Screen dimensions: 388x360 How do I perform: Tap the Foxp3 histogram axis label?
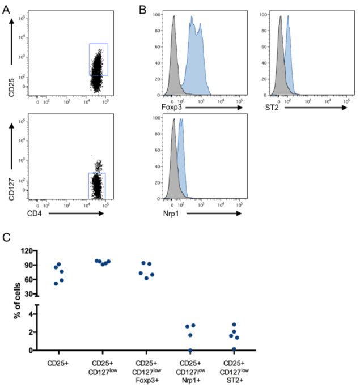click(163, 106)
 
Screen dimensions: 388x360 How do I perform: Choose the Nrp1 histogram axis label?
click(162, 214)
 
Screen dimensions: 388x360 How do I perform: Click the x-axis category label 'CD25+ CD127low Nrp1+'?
click(191, 371)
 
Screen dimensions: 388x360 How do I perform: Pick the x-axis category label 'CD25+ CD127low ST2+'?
click(234, 371)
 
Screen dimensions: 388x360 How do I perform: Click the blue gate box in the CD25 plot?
click(98, 59)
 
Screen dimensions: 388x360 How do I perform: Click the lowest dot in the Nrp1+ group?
click(190, 351)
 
